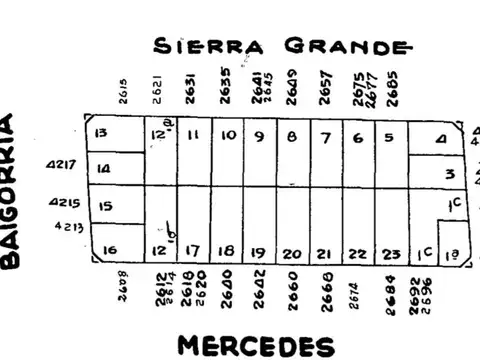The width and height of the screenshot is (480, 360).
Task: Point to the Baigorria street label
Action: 11,192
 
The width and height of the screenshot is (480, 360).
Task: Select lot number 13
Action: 100,134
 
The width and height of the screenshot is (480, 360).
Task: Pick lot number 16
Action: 110,250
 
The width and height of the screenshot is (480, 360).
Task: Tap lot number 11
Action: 193,135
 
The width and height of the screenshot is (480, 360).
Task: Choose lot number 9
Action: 259,136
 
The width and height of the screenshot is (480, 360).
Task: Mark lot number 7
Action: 325,136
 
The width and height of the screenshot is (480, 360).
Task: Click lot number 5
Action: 389,137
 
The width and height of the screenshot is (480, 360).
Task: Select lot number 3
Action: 450,174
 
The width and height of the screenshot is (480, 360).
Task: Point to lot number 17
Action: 193,251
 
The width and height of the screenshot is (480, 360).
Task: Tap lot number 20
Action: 292,254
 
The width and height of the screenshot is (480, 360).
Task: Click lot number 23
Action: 391,253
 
